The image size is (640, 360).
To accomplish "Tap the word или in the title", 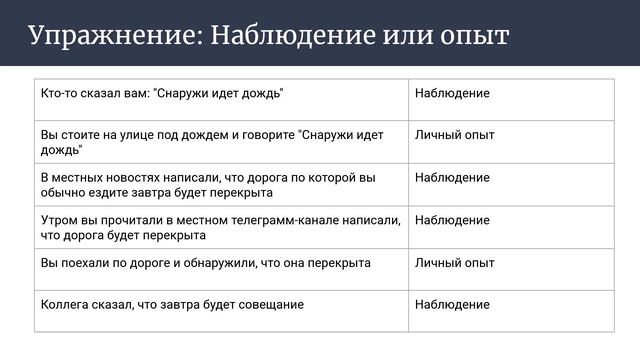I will tap(396, 36).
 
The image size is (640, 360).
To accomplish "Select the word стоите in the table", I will tap(79, 135).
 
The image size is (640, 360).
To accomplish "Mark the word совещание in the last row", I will tap(267, 305).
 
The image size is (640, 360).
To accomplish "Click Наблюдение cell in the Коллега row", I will tap(452, 305).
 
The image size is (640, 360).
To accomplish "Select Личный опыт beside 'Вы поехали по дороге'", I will tap(454, 263).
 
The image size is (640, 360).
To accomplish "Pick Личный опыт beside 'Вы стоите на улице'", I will tap(454, 135).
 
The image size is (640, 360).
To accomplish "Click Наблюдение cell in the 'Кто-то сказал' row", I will tap(452, 93).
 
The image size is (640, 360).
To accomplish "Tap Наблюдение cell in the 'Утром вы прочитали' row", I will tap(452, 220).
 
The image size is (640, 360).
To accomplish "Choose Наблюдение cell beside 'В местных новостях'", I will tap(452, 178).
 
